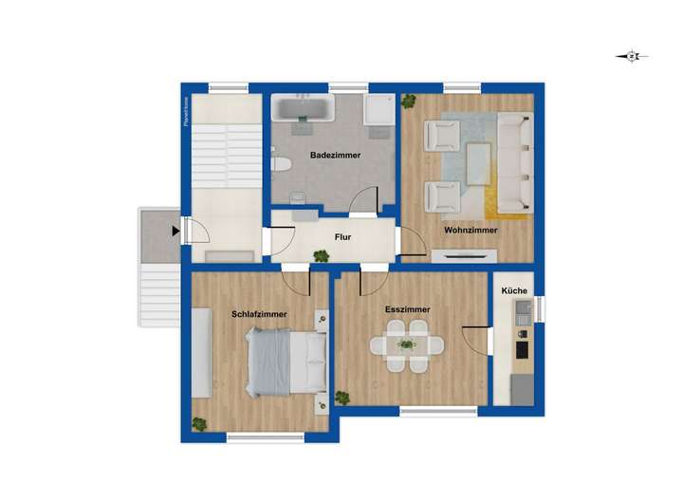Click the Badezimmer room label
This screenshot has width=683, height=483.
(334, 155)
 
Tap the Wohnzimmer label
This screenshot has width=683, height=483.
(470, 230)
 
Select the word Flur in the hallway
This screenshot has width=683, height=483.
(343, 237)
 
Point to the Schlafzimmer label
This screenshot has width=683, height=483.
(259, 314)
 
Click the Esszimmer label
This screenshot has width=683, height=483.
(407, 309)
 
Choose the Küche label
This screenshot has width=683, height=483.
(517, 291)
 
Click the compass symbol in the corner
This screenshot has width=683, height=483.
(632, 56)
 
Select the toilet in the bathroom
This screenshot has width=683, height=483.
(280, 164)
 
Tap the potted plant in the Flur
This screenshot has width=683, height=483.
(322, 255)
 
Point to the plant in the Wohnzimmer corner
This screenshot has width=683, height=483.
(409, 100)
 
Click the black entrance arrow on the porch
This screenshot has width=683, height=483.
(175, 230)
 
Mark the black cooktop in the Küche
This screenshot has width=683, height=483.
(522, 350)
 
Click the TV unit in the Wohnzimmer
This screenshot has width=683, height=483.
(465, 254)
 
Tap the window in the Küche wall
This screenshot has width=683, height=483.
(540, 308)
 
